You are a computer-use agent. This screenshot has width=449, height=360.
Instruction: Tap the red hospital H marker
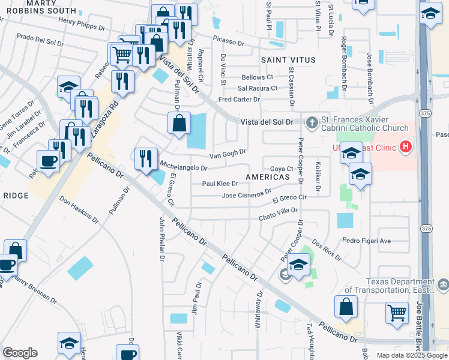[406, 146]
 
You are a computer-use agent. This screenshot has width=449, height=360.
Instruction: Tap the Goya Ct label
[281, 169]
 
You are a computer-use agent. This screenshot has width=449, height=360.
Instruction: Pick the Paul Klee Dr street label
[220, 184]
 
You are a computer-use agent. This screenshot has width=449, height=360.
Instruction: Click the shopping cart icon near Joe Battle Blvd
[397, 312]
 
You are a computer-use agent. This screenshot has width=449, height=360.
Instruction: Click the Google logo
[19, 353]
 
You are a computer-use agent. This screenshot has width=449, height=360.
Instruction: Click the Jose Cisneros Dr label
[243, 195]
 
